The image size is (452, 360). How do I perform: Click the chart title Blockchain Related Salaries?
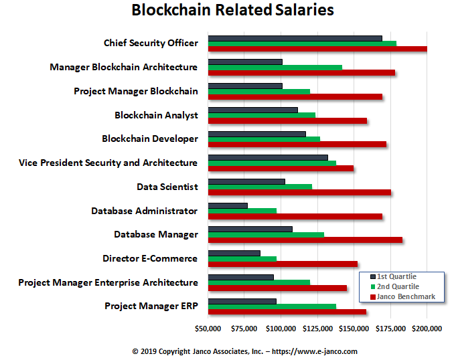232,11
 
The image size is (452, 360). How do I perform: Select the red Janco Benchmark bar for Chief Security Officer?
317,50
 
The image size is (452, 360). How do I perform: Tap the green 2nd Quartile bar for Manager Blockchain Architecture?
275,68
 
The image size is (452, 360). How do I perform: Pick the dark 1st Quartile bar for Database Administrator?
228,205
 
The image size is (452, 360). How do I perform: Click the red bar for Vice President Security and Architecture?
281,169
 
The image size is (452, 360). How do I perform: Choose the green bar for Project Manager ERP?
272,306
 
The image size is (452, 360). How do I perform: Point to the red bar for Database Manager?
305,240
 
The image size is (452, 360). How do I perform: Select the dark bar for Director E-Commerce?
234,253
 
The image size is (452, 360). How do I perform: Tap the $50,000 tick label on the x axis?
208,329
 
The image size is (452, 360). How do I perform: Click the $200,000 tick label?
427,329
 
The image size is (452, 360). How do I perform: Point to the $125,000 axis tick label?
317,329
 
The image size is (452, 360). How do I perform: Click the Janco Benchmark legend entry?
405,296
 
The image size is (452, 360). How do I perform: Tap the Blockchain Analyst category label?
156,115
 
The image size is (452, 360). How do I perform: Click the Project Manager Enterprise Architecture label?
108,282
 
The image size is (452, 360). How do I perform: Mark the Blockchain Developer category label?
150,139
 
